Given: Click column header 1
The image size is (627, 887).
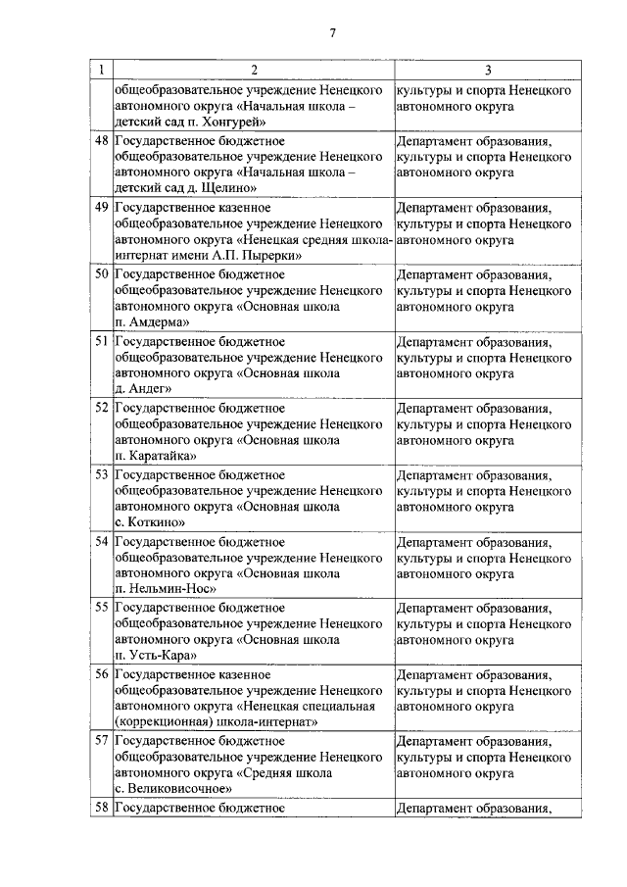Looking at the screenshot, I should [101, 70].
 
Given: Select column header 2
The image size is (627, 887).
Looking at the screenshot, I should [254, 70].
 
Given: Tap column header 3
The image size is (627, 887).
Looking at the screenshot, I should [488, 70].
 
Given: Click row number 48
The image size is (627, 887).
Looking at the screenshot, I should [101, 141].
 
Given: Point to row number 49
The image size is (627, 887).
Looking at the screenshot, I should [101, 208].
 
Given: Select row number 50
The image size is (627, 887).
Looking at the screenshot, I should [101, 274].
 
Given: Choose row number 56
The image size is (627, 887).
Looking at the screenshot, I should [101, 674].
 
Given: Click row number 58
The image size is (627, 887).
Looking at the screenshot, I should [101, 809].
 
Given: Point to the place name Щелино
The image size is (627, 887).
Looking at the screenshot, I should [227, 188].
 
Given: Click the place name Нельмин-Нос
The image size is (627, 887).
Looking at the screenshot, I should [169, 588].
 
